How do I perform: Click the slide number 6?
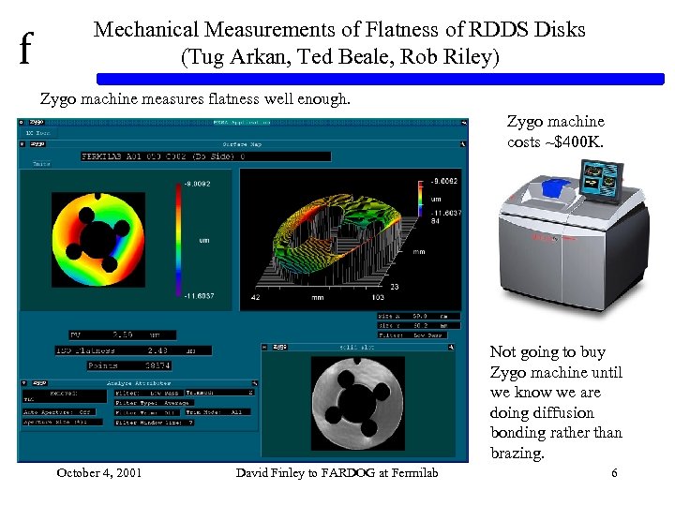click(614, 473)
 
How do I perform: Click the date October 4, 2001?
click(99, 473)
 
